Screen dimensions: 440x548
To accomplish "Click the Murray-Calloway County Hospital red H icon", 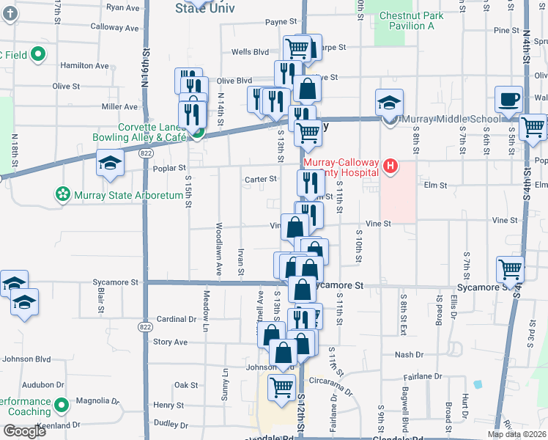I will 390,166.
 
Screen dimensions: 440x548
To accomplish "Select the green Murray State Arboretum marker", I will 62,194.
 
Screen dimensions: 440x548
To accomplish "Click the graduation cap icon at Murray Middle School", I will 389,103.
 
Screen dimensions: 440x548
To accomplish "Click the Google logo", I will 24,430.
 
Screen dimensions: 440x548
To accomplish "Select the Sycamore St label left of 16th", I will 115,282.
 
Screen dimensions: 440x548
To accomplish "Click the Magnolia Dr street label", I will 97,401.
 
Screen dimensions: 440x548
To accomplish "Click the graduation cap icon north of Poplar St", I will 110,164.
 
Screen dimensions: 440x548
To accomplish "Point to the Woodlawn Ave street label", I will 218,249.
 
